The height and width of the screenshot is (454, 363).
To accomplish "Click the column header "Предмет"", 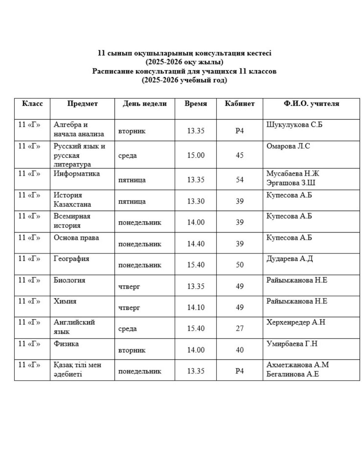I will (83, 104).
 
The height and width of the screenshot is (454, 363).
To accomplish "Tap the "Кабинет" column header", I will (240, 104).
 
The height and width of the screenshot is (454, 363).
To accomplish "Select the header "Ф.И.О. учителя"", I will (311, 104).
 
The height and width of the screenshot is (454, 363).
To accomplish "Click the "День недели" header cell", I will (145, 104).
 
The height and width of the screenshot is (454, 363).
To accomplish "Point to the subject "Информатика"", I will (77, 174).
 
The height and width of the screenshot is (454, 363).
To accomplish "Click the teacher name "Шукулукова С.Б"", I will (294, 125).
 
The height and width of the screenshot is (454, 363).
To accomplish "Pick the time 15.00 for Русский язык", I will (196, 155).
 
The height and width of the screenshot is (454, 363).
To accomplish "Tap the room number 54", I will (240, 180).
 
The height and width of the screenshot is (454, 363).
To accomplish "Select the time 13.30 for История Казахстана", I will (196, 201).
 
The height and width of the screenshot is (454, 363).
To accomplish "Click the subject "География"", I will (71, 259).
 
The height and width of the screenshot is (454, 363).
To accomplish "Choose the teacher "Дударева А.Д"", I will (289, 259).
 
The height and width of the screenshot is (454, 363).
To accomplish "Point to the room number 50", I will (240, 265).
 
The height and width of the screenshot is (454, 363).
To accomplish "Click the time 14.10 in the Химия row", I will (196, 307).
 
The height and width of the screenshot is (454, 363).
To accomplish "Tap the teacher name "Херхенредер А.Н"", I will (296, 322).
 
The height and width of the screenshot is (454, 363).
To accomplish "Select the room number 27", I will (240, 329).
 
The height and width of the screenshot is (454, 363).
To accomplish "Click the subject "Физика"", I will (66, 344).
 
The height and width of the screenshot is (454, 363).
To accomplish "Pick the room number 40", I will (240, 350).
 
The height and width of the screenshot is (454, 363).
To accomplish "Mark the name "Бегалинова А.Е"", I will (292, 374).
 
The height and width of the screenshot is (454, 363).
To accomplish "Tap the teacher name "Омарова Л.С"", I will (288, 146).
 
